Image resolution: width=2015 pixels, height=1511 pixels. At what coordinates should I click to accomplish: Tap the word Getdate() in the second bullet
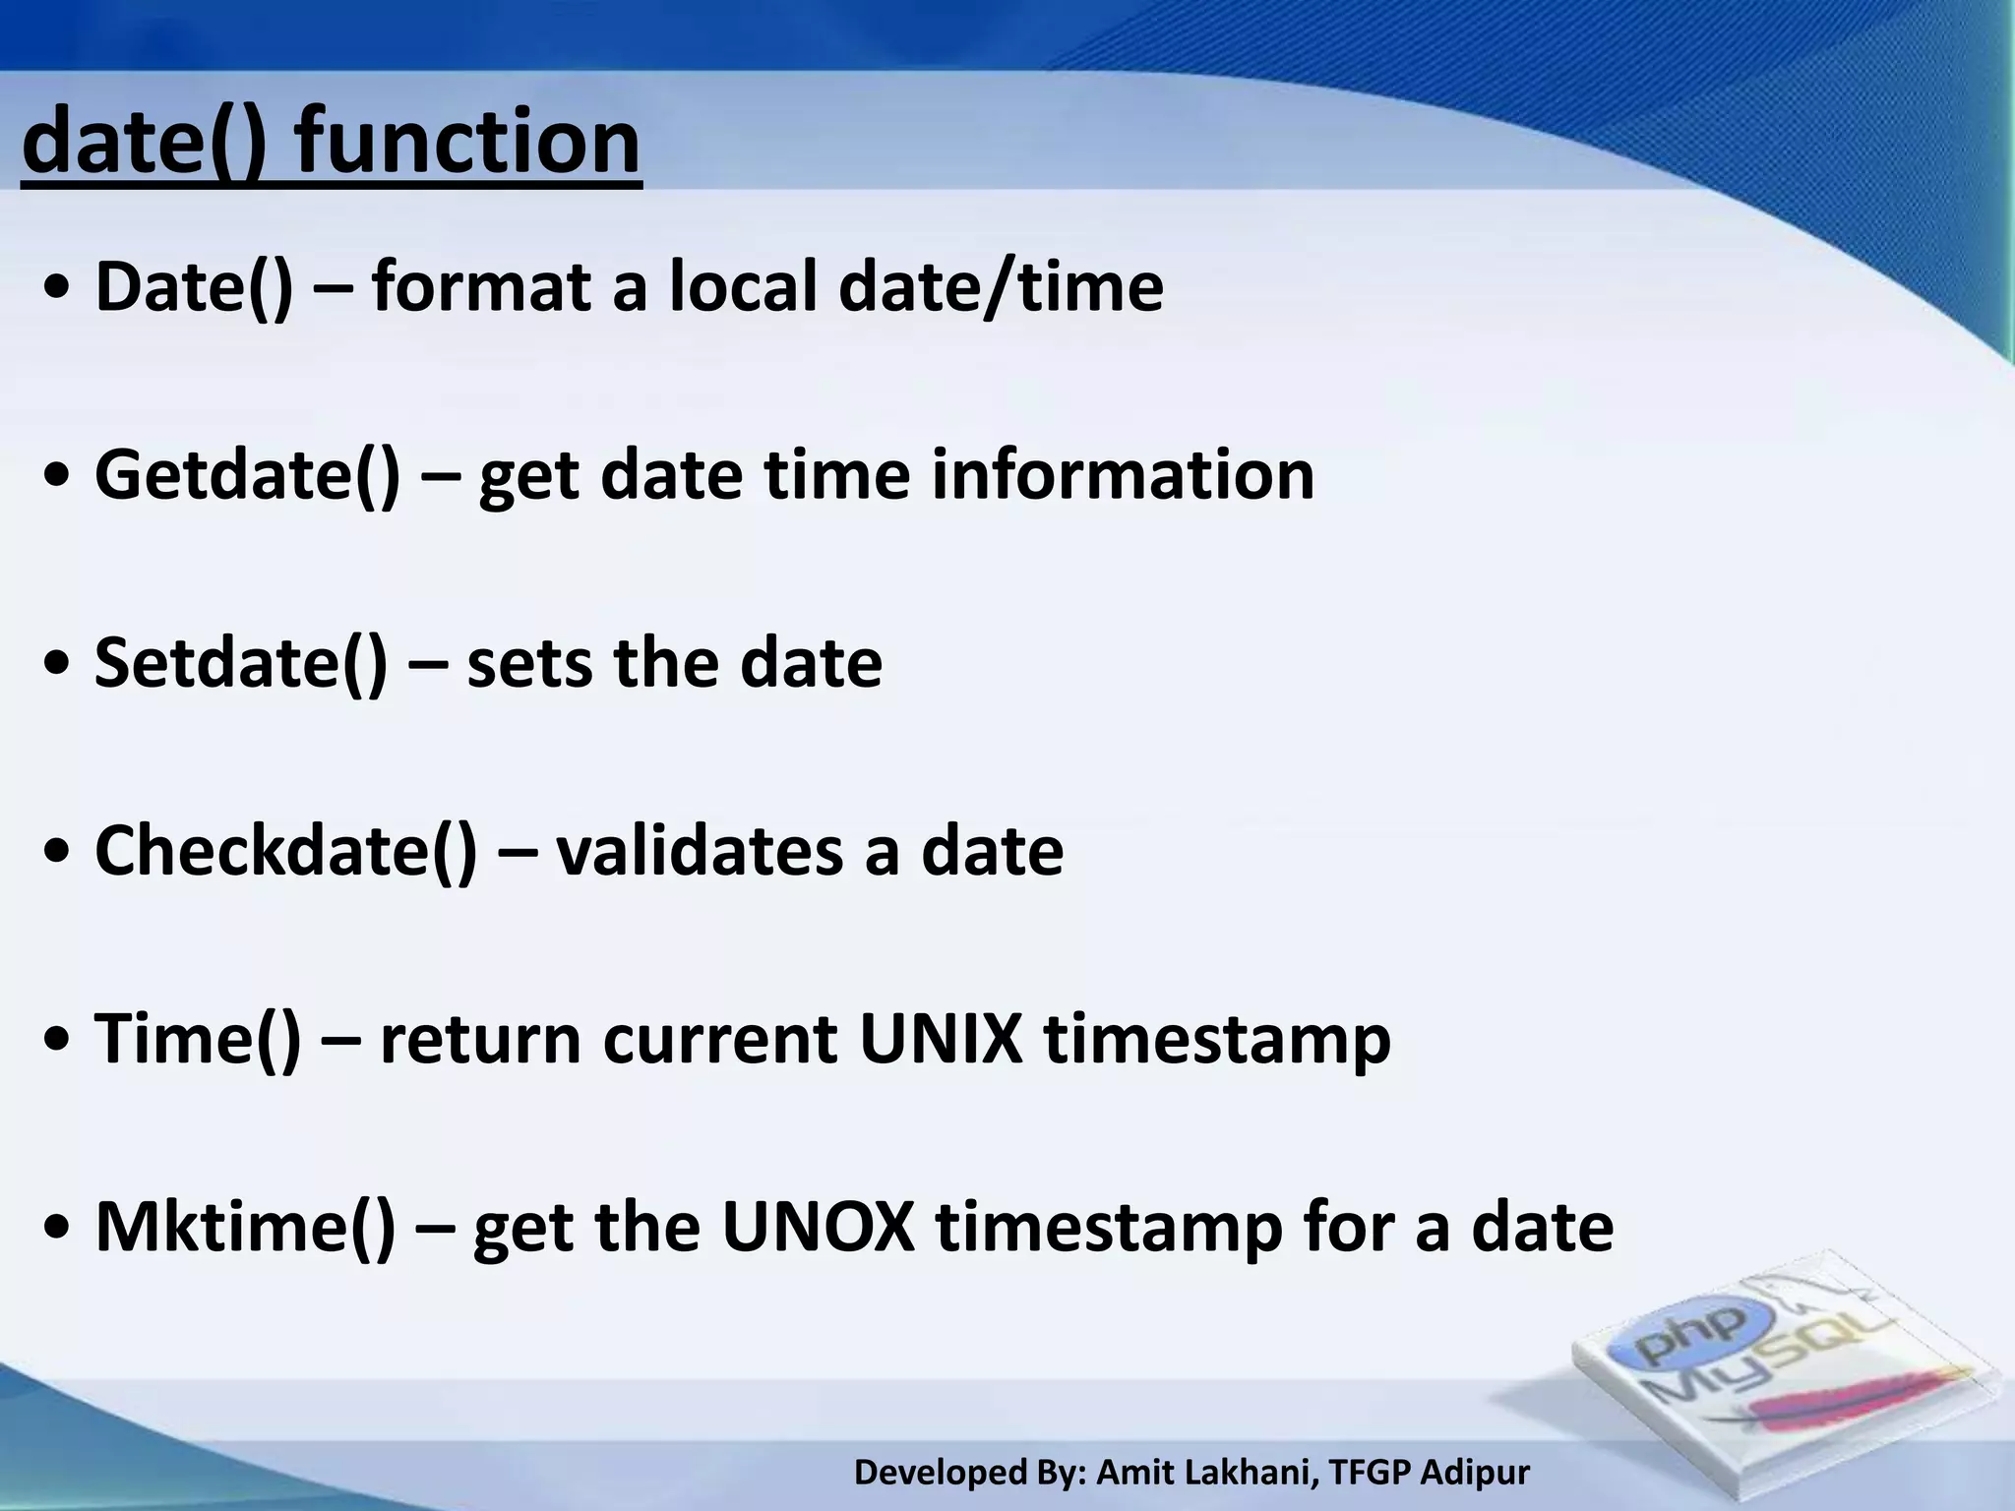tap(247, 475)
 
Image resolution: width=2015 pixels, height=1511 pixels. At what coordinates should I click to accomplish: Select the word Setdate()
tap(241, 663)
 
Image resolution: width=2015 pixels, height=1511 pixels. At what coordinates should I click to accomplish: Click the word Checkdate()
tap(285, 851)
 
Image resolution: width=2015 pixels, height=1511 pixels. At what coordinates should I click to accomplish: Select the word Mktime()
tap(245, 1227)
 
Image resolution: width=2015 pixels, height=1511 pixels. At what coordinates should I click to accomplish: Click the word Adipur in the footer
tap(1475, 1473)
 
